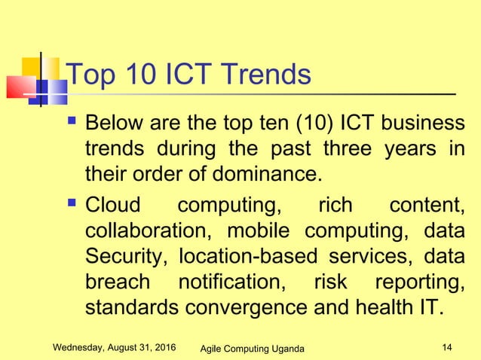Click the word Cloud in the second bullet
click(117, 205)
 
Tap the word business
click(423, 122)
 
